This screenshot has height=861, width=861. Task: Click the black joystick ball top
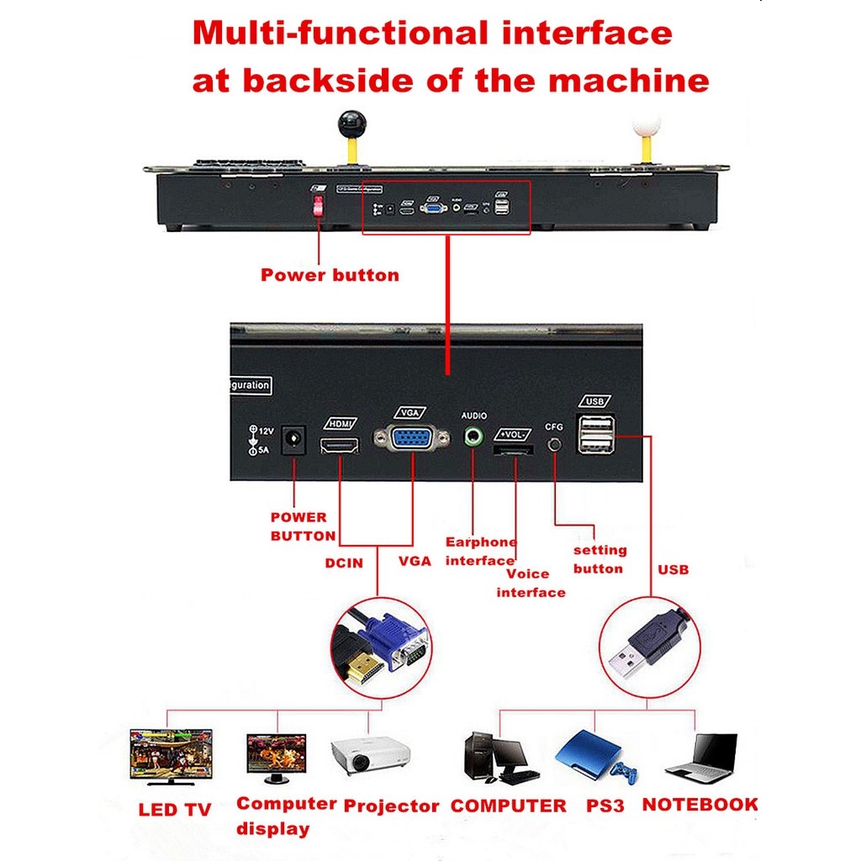[349, 123]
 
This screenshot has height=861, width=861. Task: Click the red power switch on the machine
[319, 206]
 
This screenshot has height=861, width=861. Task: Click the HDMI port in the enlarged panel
[340, 444]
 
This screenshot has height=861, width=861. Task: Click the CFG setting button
[554, 442]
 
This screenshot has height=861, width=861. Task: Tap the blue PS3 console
[593, 757]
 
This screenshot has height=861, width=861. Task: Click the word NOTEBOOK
[700, 805]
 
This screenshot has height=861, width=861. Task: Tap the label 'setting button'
[600, 559]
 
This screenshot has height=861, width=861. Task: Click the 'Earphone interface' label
[481, 552]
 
